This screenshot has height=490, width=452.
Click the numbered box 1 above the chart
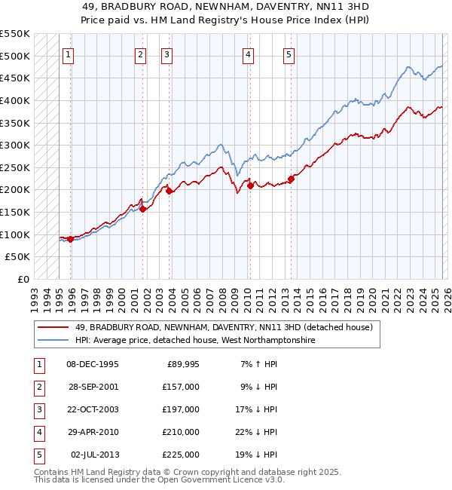68,54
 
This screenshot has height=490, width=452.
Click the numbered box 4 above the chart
248,54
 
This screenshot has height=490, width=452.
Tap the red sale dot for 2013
291,179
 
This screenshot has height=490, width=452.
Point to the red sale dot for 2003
169,191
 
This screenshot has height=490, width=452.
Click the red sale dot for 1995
71,239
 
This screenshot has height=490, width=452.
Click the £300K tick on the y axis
15,145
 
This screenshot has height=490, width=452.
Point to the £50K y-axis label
18,257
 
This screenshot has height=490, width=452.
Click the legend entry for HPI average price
194,340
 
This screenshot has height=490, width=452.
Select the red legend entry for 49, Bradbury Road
224,327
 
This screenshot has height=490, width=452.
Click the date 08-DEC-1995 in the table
93,364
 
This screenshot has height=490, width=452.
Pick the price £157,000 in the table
181,387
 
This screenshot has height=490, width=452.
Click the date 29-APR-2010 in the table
93,432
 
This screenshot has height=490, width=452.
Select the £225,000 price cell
181,455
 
